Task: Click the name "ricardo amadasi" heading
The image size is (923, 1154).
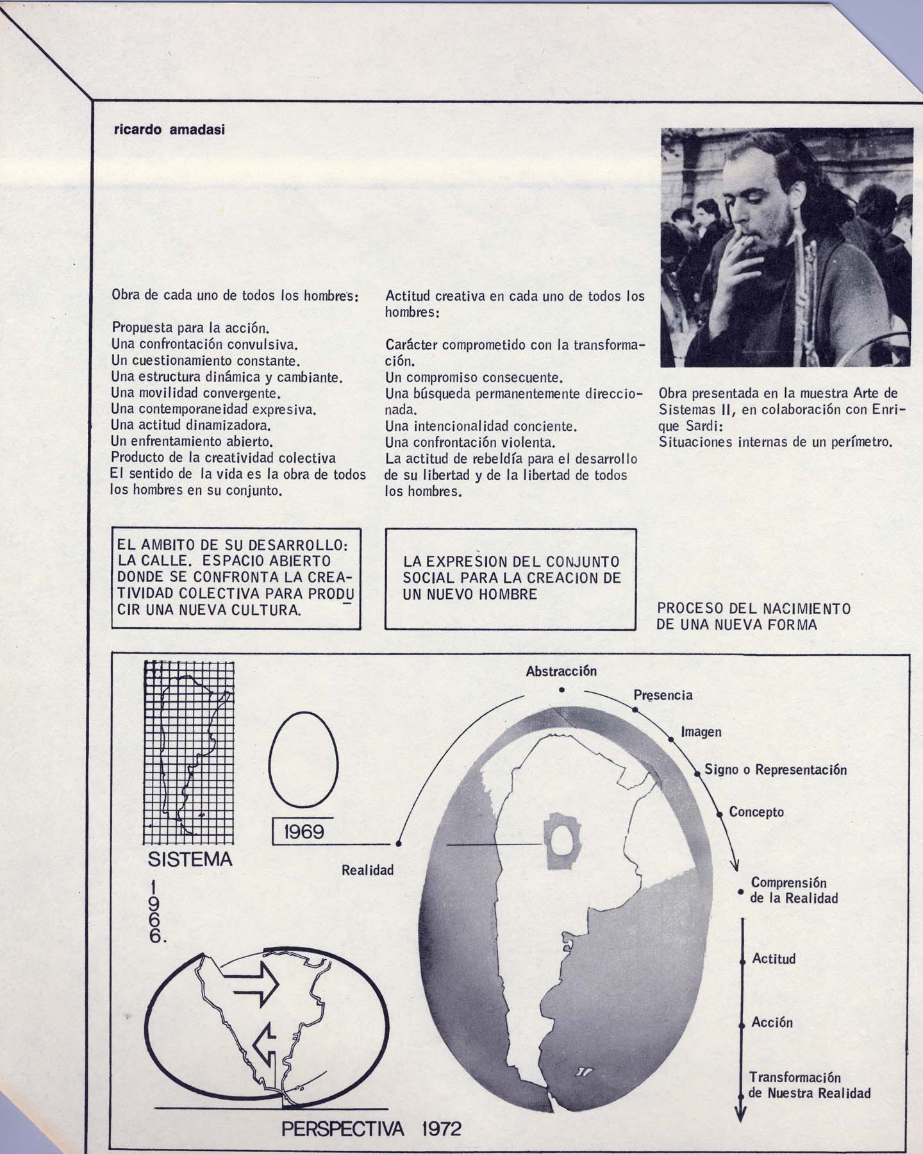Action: [169, 130]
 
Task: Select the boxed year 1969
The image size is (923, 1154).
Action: [303, 832]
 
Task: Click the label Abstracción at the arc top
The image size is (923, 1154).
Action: [561, 671]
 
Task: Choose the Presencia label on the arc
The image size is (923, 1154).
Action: [663, 695]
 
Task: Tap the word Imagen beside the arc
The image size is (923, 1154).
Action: [701, 732]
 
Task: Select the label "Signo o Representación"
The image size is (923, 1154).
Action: [776, 769]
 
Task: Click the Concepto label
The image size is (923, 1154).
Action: [756, 812]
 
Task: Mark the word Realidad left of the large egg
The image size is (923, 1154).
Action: [367, 870]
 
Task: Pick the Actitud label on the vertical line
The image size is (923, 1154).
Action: [774, 959]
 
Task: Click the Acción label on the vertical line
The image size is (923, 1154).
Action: [772, 1023]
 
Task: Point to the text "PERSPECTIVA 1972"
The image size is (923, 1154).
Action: [371, 1128]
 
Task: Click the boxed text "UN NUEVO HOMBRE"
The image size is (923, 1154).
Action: [470, 594]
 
